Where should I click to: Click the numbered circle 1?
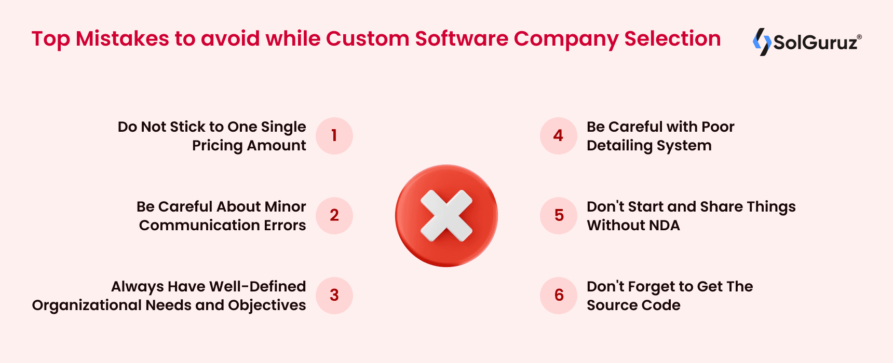[x=334, y=136]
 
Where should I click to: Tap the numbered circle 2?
[x=334, y=215]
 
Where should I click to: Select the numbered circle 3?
[x=334, y=295]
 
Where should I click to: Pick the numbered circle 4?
[x=559, y=136]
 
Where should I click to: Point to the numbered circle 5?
[x=559, y=215]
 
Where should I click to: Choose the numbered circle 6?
[x=559, y=295]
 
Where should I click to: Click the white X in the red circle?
[x=446, y=216]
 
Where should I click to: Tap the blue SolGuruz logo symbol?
[x=762, y=41]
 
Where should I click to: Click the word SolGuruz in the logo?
[x=815, y=43]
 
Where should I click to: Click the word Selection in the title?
[x=672, y=39]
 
